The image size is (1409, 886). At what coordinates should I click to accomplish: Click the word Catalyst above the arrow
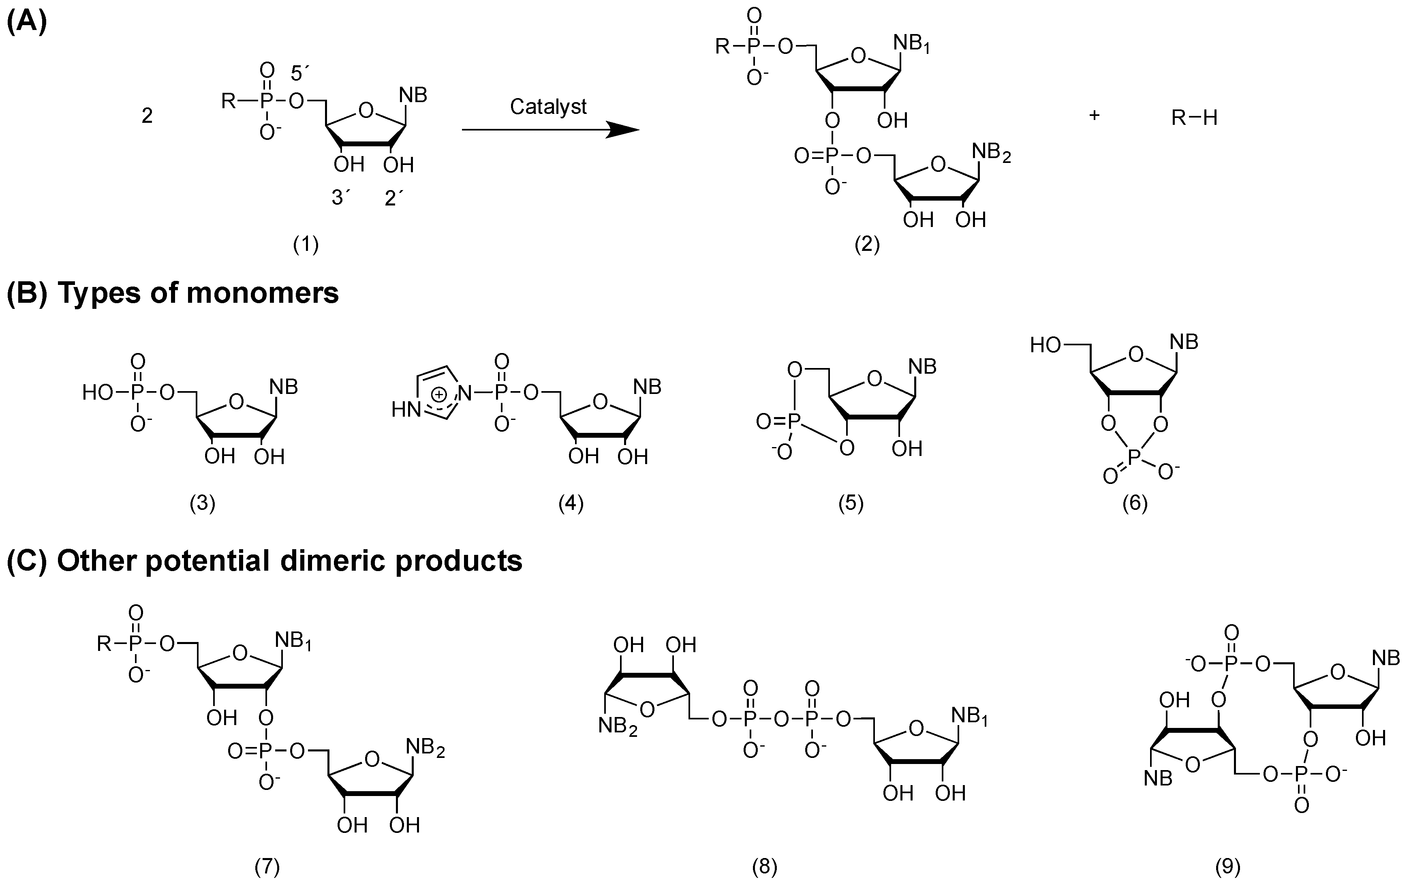(548, 107)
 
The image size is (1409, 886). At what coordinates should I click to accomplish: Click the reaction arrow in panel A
(551, 129)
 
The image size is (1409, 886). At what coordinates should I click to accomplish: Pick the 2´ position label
(394, 198)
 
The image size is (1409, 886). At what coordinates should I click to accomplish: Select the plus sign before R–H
(1094, 115)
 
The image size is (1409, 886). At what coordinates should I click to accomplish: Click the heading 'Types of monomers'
(198, 293)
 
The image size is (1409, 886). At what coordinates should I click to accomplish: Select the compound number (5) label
(851, 503)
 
